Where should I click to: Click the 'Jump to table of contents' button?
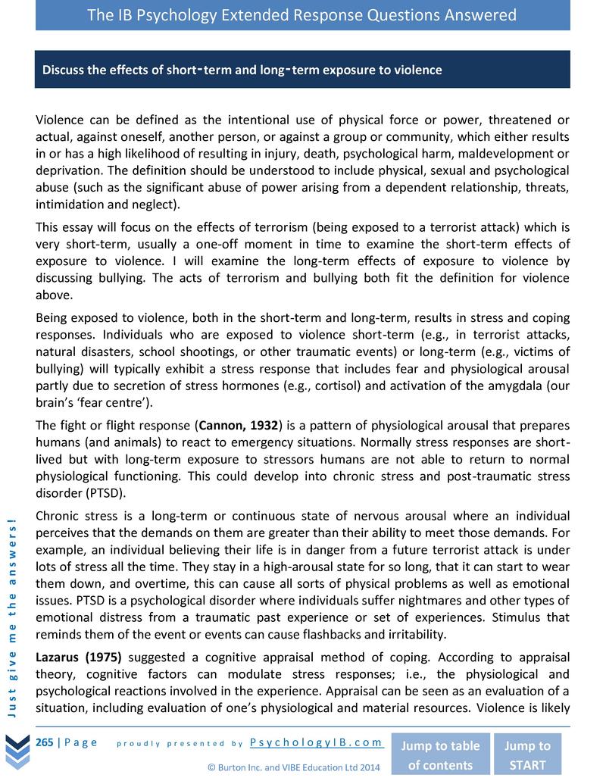click(x=440, y=754)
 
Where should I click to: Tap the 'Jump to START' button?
click(x=528, y=754)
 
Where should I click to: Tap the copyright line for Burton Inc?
click(x=293, y=767)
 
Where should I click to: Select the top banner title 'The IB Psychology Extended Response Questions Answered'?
click(x=302, y=15)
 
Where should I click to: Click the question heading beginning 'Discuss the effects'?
click(x=242, y=70)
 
